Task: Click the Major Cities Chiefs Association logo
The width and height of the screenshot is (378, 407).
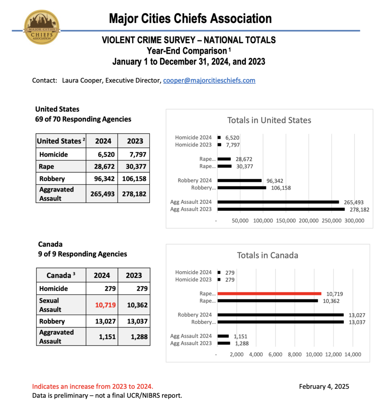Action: pyautogui.click(x=42, y=27)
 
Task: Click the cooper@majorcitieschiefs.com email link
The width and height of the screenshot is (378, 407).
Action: pyautogui.click(x=209, y=80)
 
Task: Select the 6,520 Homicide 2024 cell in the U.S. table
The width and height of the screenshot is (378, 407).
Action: pyautogui.click(x=102, y=155)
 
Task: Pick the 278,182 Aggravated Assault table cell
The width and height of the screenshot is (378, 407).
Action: pyautogui.click(x=133, y=194)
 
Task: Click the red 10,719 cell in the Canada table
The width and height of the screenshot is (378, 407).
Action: pyautogui.click(x=102, y=305)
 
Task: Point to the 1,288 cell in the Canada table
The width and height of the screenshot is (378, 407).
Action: pyautogui.click(x=133, y=337)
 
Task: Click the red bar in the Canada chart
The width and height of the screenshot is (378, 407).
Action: pyautogui.click(x=269, y=294)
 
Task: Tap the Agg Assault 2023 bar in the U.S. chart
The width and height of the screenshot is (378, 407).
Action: pyautogui.click(x=281, y=209)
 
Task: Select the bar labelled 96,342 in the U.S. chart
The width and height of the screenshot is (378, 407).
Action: pyautogui.click(x=239, y=180)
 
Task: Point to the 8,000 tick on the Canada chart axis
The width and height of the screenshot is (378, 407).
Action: pyautogui.click(x=295, y=354)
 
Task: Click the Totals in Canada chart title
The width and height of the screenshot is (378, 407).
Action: pyautogui.click(x=267, y=255)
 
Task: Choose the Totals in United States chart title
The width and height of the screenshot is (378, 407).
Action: pyautogui.click(x=269, y=120)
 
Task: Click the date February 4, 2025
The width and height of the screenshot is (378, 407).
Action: pyautogui.click(x=324, y=386)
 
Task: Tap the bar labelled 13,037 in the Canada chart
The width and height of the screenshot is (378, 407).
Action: pyautogui.click(x=280, y=322)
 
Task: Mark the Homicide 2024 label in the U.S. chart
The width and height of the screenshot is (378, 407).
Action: pyautogui.click(x=193, y=138)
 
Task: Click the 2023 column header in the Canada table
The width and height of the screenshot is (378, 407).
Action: pyautogui.click(x=133, y=275)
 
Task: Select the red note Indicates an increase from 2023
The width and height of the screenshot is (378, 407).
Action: pyautogui.click(x=92, y=386)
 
